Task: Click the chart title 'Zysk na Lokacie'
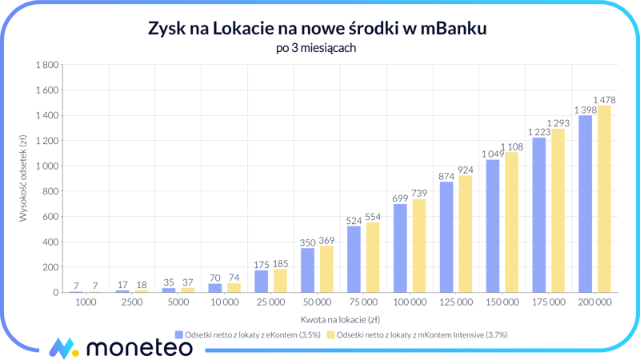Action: click(318, 29)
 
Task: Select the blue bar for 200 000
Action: click(585, 204)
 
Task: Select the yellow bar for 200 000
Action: click(604, 199)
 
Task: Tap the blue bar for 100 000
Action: click(400, 248)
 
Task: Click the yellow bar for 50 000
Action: click(326, 269)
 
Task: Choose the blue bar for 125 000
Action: click(446, 237)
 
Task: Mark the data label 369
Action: click(327, 240)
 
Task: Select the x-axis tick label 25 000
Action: click(270, 302)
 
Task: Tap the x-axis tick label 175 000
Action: click(548, 302)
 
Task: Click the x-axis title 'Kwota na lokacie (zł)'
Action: click(340, 319)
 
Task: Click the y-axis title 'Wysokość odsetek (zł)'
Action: click(23, 178)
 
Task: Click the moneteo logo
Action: click(120, 347)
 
